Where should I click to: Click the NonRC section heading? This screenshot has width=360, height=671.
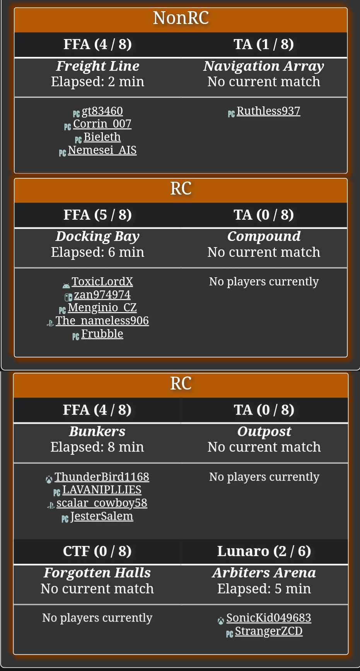point(181,18)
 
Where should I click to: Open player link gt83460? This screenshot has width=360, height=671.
point(102,111)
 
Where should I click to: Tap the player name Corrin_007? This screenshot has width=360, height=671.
point(102,124)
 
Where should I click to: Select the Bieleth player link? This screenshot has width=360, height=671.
point(102,137)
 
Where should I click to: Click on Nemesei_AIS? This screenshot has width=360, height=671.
point(102,150)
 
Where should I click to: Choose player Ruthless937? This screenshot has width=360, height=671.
point(268,111)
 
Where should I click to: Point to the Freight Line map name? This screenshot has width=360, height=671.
point(97,66)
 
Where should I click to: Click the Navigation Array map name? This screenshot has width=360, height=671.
point(264,66)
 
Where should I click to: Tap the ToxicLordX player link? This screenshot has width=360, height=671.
point(102,282)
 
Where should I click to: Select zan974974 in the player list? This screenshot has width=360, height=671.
point(102,295)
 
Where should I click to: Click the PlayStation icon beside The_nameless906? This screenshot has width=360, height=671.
point(50,323)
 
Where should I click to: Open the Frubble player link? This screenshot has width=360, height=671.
point(102,334)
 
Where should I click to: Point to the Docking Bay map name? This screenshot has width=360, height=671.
point(97,236)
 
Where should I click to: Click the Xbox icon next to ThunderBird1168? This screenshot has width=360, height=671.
point(49,480)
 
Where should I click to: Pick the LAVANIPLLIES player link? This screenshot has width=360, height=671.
point(102,490)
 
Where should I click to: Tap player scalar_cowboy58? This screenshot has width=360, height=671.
point(102,503)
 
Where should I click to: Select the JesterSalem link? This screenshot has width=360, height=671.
point(102,516)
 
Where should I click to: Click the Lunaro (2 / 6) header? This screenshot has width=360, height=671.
point(264,551)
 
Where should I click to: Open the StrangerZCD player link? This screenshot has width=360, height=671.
point(269,631)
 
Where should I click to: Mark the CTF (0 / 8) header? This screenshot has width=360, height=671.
point(97,551)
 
